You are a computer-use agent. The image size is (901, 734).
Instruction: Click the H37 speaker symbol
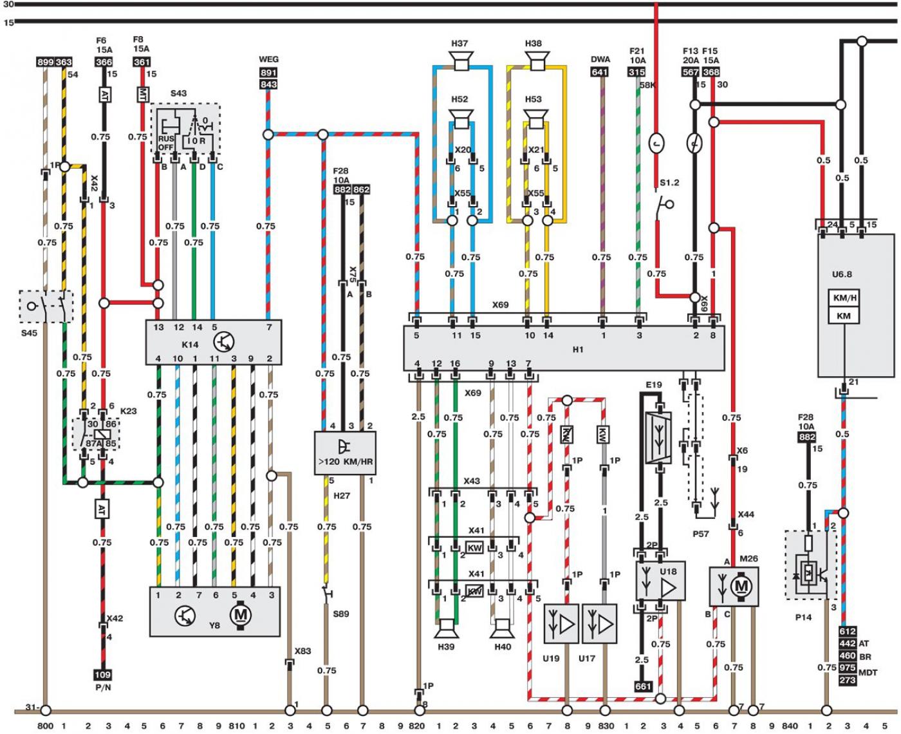[461, 61]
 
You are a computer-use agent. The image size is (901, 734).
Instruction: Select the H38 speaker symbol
[537, 61]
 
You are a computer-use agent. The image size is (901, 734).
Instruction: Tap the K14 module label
[190, 344]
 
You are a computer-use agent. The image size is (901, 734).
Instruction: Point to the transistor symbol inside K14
[224, 342]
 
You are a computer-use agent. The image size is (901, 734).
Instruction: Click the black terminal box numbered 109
[102, 674]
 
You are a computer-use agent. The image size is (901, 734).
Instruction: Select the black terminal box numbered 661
[642, 686]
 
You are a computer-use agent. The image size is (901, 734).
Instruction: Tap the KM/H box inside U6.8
[845, 298]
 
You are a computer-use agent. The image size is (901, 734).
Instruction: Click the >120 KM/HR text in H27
[346, 462]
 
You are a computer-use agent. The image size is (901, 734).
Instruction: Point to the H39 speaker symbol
[446, 628]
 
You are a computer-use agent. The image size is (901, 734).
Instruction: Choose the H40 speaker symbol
[502, 628]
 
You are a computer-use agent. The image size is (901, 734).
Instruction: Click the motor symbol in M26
[741, 587]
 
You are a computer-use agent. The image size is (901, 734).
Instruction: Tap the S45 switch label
[29, 333]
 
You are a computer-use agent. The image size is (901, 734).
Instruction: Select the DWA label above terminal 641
[600, 59]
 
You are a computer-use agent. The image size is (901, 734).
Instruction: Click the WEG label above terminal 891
[268, 59]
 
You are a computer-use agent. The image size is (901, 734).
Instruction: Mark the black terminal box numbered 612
[848, 631]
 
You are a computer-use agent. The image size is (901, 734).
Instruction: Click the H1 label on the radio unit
[578, 350]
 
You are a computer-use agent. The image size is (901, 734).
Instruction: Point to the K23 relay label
[128, 411]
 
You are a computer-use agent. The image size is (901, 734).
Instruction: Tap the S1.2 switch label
[669, 183]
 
